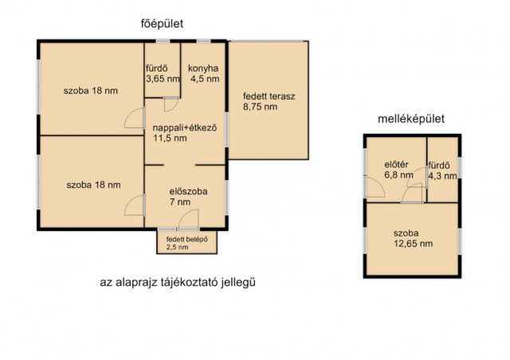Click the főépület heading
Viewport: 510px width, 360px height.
pos(162,24)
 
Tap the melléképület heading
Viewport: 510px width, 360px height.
pos(411,119)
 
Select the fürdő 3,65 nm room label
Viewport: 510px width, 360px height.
pos(163,73)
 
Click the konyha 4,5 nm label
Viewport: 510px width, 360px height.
pos(204,73)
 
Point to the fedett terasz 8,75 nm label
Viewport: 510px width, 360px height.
pos(269,101)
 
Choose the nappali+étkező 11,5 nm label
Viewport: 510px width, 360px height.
pos(185,133)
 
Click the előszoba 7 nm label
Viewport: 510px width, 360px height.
pos(188,197)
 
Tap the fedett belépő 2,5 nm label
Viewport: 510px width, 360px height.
pos(186,243)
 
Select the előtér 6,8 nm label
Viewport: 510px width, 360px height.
pos(398,170)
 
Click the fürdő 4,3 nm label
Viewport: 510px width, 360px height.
pos(442,170)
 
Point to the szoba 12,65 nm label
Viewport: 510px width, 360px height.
pos(413,238)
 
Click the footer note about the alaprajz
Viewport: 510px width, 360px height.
pos(178,282)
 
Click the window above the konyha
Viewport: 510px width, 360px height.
pos(204,41)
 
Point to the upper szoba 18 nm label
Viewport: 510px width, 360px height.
pos(90,91)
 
